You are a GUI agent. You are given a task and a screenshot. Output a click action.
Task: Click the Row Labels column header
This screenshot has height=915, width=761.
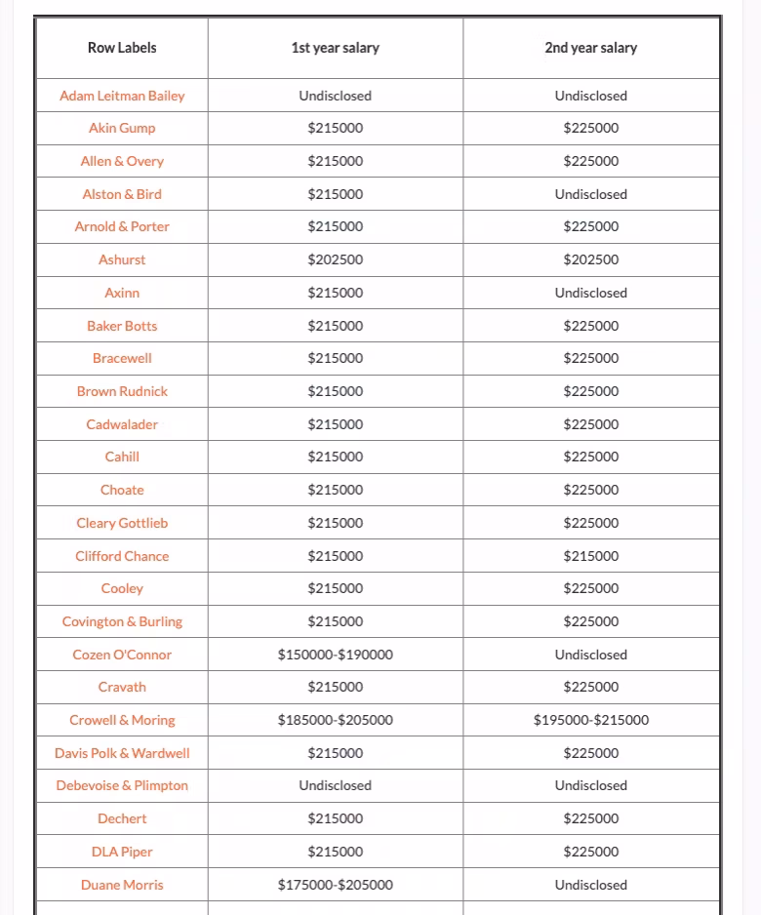pyautogui.click(x=122, y=48)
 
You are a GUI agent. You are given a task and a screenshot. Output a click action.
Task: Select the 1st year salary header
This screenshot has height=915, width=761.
pyautogui.click(x=336, y=48)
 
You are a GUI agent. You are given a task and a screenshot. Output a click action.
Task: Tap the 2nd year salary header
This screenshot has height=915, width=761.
pyautogui.click(x=590, y=48)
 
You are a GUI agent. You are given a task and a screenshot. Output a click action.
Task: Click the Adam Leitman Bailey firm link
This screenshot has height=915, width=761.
pyautogui.click(x=122, y=96)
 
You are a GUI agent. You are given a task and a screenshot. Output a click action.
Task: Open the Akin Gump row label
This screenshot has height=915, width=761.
pyautogui.click(x=122, y=128)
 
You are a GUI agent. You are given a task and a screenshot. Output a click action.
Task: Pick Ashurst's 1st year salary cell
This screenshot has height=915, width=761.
pyautogui.click(x=336, y=259)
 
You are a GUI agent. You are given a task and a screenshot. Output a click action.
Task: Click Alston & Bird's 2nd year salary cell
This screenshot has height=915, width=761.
pyautogui.click(x=590, y=194)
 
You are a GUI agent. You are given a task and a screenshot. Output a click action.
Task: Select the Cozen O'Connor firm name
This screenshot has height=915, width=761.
pyautogui.click(x=122, y=655)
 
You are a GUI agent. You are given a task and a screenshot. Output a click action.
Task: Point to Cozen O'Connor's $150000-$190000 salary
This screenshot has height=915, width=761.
pyautogui.click(x=336, y=655)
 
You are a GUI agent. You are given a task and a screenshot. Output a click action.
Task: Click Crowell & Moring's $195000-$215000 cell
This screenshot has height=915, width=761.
pyautogui.click(x=590, y=720)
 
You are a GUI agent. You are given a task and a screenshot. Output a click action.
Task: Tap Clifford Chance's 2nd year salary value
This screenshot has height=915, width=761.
pyautogui.click(x=590, y=556)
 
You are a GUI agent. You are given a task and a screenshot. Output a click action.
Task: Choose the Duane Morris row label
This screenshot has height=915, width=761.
pyautogui.click(x=122, y=885)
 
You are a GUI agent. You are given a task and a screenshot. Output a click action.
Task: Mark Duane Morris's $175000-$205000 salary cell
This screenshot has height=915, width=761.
pyautogui.click(x=336, y=885)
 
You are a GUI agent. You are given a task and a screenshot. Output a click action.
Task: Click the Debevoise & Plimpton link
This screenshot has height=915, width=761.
pyautogui.click(x=122, y=785)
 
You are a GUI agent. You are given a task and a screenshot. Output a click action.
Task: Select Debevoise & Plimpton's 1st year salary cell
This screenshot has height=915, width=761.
pyautogui.click(x=336, y=785)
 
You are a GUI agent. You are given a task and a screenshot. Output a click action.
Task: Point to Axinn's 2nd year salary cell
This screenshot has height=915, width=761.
pyautogui.click(x=590, y=293)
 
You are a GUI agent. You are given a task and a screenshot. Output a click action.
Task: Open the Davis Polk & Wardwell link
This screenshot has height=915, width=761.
pyautogui.click(x=122, y=753)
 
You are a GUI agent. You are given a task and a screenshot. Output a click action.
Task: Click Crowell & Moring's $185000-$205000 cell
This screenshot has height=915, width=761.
pyautogui.click(x=336, y=720)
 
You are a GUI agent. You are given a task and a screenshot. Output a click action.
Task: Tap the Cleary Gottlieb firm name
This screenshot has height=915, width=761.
pyautogui.click(x=122, y=523)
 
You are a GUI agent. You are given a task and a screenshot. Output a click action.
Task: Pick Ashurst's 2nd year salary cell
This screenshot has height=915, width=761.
pyautogui.click(x=590, y=259)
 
